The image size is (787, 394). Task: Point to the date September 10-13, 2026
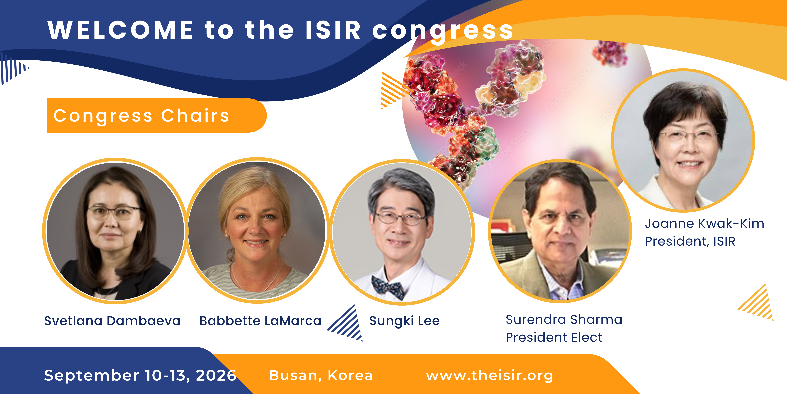click(140, 375)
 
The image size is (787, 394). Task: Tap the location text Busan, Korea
click(321, 375)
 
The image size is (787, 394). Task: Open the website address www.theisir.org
click(489, 375)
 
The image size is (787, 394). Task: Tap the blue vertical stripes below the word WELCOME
click(14, 69)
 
